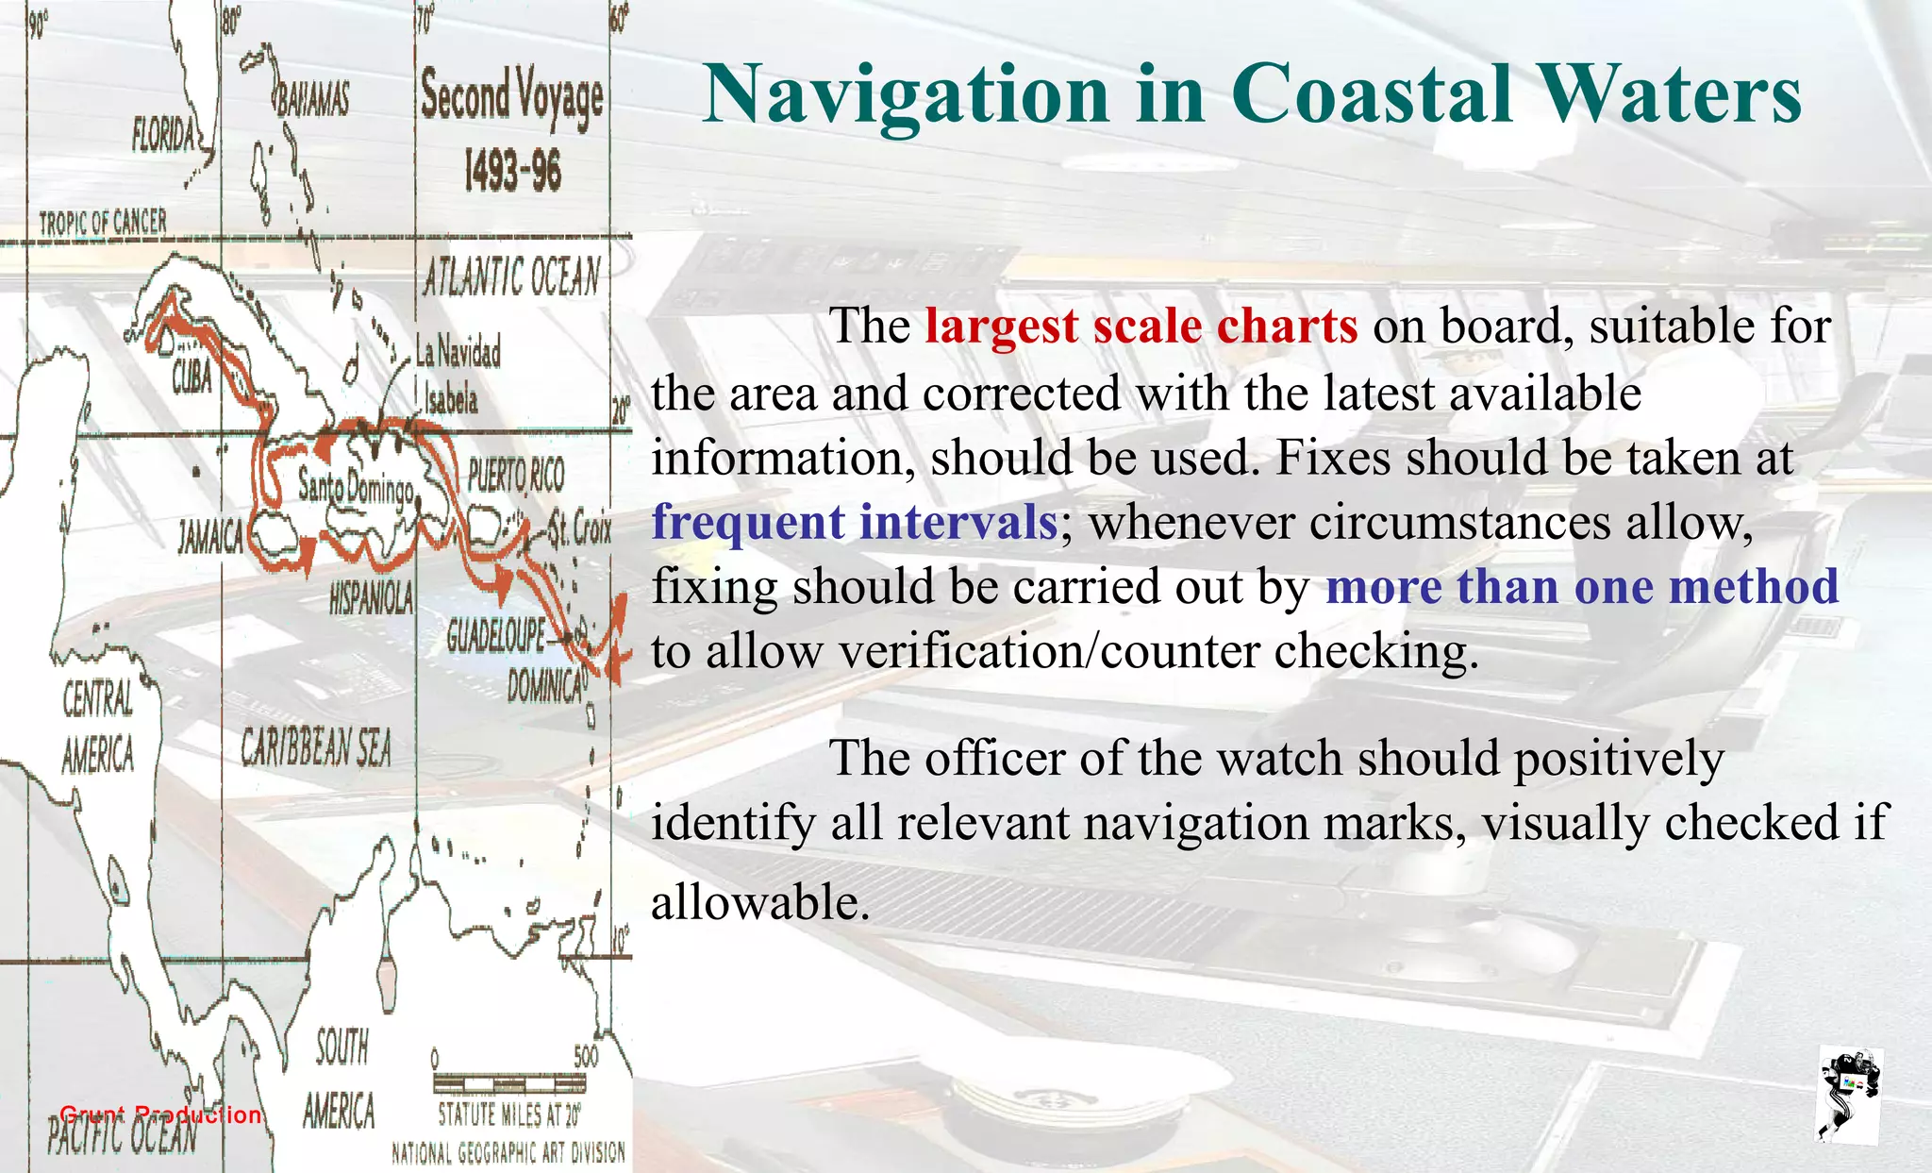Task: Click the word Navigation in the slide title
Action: pos(906,94)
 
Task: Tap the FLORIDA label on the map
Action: pos(164,137)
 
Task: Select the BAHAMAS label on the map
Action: pos(312,98)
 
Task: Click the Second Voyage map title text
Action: pos(512,99)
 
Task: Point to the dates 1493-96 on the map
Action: pos(512,172)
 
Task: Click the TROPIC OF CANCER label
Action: pos(103,223)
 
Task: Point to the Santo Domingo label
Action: pos(356,487)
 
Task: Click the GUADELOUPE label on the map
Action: pos(496,637)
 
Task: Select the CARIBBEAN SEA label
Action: pos(315,748)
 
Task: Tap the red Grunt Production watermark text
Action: pos(160,1114)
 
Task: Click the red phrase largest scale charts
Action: pos(1141,327)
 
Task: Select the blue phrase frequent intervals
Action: pos(855,522)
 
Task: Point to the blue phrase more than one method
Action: pos(1582,586)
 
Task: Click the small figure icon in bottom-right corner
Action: pos(1849,1095)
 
